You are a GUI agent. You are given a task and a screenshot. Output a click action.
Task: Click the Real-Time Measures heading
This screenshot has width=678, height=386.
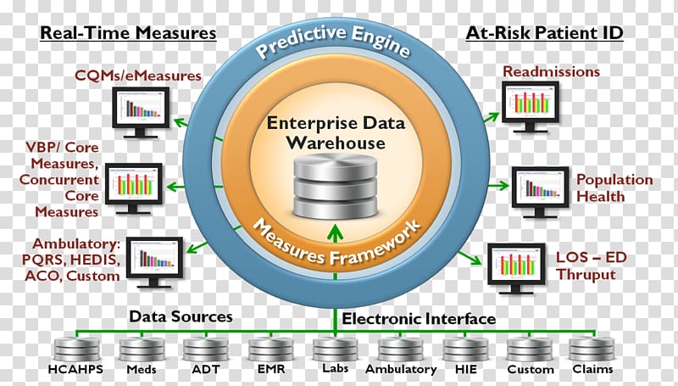point(128,33)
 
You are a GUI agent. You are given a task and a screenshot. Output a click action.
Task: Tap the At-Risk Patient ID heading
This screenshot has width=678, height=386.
point(544,33)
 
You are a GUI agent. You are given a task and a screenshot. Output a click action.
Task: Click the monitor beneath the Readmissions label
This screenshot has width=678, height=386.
point(531,106)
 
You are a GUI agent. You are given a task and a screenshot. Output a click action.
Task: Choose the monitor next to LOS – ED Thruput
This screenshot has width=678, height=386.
point(516,268)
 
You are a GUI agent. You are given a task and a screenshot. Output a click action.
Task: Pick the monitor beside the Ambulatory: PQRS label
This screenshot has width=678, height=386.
point(154,262)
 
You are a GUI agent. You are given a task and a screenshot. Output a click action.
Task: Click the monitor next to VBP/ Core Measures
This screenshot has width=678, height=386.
point(134,188)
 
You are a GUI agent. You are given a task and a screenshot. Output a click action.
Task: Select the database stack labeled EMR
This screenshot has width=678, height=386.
point(270,350)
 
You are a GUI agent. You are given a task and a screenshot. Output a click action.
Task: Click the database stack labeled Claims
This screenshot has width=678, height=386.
point(592,349)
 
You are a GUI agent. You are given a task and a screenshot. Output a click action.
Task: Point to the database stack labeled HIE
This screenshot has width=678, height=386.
point(465,350)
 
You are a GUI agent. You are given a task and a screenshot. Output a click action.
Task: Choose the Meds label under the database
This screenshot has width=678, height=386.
point(142,370)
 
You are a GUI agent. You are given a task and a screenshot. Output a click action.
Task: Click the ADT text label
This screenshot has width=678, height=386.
point(205,370)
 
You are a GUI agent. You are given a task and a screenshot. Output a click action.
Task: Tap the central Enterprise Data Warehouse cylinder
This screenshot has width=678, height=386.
point(335,186)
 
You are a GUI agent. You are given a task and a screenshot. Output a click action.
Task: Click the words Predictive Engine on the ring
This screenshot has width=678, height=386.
point(333,42)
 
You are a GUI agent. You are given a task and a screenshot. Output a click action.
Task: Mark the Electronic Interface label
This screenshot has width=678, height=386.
point(419,319)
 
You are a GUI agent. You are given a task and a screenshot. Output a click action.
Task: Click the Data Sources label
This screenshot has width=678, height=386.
point(181,316)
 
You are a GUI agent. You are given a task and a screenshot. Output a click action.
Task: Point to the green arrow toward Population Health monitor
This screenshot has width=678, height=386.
point(499,186)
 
